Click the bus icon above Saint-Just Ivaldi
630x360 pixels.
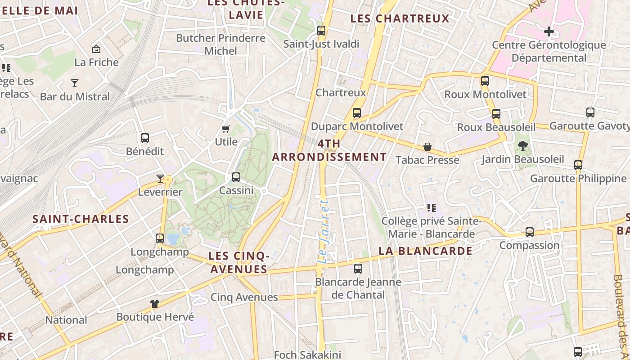click(x=321, y=31)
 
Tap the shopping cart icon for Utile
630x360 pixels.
click(x=226, y=129)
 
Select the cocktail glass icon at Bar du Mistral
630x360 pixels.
click(x=75, y=83)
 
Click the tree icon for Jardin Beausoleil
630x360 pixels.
click(x=522, y=145)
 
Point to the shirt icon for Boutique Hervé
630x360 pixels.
click(x=155, y=303)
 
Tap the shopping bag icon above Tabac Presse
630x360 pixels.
click(x=427, y=147)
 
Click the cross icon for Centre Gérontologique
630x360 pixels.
click(x=549, y=31)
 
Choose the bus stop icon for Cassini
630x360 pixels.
click(x=236, y=177)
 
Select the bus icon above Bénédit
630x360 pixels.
click(x=145, y=138)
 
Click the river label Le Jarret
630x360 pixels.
click(x=324, y=232)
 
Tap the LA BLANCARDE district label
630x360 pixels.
click(x=425, y=251)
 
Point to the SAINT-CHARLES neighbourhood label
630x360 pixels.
click(x=81, y=219)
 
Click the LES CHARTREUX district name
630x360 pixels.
click(x=400, y=18)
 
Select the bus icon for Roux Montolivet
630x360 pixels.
click(x=485, y=81)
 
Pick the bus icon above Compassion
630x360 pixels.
click(x=530, y=232)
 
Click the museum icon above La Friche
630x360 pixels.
click(x=96, y=49)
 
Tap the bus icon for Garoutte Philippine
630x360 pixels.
click(x=578, y=165)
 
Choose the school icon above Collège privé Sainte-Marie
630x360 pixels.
click(x=432, y=208)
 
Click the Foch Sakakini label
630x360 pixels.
click(x=307, y=355)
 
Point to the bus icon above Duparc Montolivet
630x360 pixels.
click(x=357, y=113)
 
